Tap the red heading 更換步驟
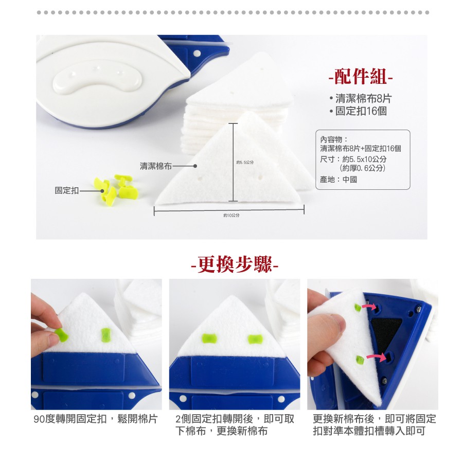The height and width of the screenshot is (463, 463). click(235, 264)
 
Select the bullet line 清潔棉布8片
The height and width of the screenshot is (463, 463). click(361, 99)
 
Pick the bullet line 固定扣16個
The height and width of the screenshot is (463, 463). click(358, 111)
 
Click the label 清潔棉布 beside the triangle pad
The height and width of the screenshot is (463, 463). click(155, 166)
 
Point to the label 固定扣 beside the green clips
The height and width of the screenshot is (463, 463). click(67, 190)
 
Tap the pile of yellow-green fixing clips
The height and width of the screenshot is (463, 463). click(116, 189)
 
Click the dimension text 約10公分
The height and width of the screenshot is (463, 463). click(231, 216)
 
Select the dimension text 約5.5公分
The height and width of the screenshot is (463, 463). click(245, 163)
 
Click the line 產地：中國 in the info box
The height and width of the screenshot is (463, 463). click(339, 180)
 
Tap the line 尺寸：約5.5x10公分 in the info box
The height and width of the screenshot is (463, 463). click(353, 159)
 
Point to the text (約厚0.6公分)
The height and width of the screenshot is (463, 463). click(363, 168)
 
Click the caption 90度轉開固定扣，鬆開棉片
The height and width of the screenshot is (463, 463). click(96, 419)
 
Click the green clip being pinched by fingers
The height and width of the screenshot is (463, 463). click(62, 334)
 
